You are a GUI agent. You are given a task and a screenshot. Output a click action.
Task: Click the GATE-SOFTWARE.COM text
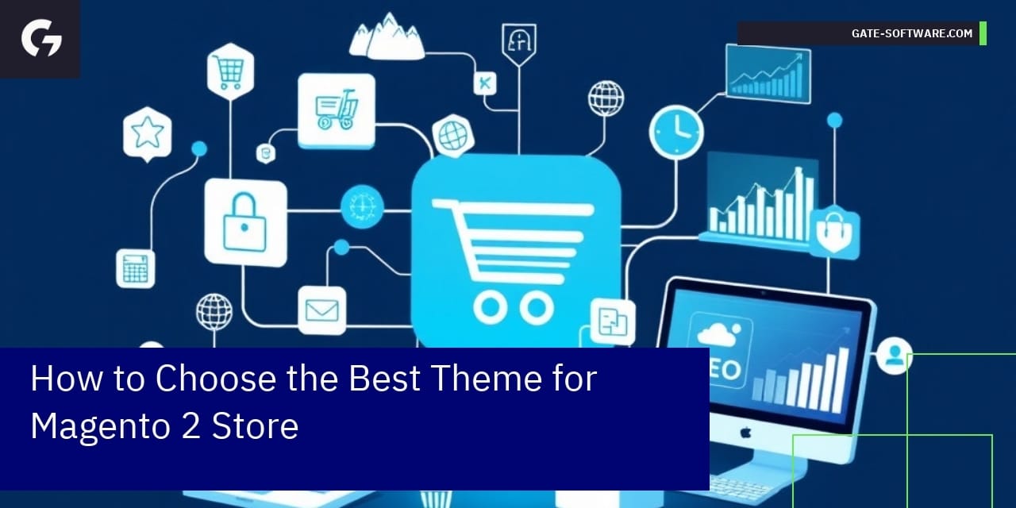pos(912,33)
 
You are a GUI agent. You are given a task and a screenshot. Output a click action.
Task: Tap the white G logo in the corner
pos(41,38)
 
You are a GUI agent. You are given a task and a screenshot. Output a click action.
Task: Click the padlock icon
pos(245,221)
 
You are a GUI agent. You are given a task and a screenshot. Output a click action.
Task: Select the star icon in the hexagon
pos(148,133)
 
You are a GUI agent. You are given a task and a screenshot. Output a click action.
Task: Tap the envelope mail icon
pos(322,310)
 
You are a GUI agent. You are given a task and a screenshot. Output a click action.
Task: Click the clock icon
pos(676,132)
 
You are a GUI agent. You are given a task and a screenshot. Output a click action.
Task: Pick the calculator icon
pos(136,268)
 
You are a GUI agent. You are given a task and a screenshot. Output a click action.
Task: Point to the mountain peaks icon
pos(387,37)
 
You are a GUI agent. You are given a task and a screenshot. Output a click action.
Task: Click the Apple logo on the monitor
pos(745,433)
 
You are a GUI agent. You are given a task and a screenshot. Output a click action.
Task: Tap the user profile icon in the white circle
pos(894,356)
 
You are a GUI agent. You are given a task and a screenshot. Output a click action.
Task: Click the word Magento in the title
pos(102,426)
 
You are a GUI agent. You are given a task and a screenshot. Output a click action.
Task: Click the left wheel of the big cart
pos(491,307)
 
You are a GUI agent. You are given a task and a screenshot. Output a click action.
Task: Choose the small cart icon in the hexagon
pos(229,71)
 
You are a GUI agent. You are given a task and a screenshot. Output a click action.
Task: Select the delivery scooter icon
pos(337,110)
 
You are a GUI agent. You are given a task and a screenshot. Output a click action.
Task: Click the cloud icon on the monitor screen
pos(718,335)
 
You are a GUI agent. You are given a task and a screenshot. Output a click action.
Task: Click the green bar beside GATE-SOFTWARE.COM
pos(983,33)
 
